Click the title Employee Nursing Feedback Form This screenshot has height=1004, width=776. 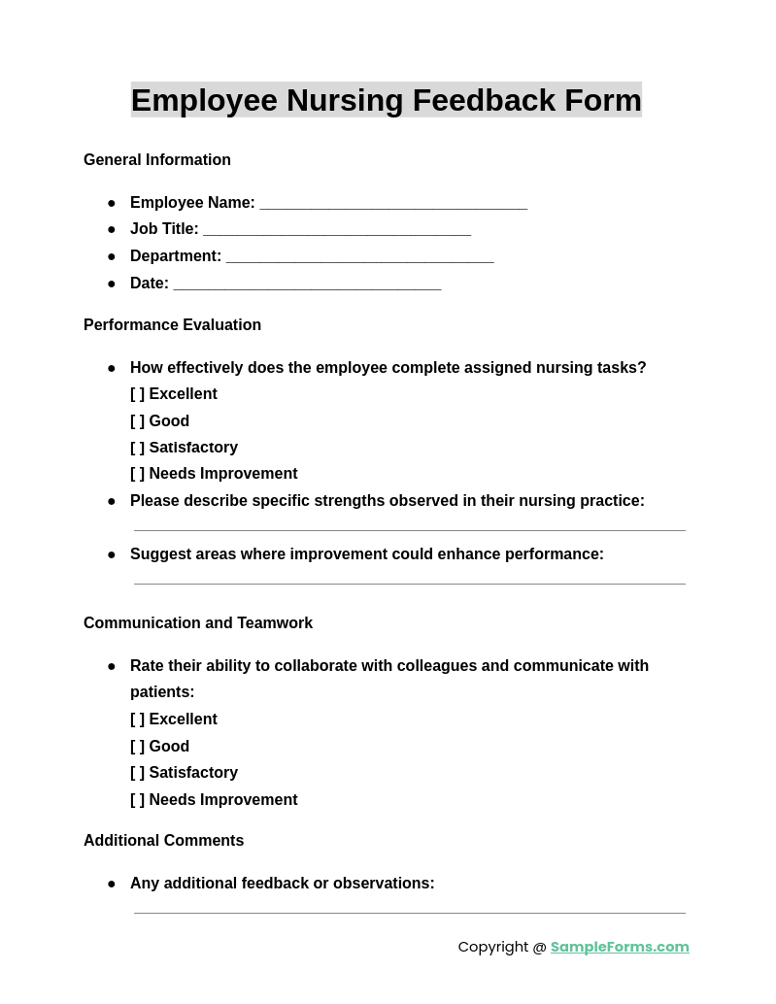[387, 100]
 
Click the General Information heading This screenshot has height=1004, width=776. [157, 160]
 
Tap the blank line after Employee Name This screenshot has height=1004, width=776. [393, 204]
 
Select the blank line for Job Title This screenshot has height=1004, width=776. [337, 230]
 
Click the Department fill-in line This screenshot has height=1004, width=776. [359, 257]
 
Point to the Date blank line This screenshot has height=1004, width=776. [307, 284]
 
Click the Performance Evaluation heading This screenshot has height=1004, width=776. [172, 325]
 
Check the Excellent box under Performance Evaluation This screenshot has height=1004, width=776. [138, 394]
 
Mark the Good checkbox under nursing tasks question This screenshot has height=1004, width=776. [138, 421]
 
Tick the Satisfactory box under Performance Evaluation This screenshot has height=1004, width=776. [138, 448]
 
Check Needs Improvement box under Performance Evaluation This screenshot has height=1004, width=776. [138, 474]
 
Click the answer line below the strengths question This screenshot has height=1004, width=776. [409, 528]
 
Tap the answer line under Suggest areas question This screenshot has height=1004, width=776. [409, 582]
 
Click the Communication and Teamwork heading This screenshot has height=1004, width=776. [198, 623]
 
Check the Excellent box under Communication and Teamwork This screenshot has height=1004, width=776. [138, 720]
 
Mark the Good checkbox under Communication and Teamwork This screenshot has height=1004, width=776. [138, 747]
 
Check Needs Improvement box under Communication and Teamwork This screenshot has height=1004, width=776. [138, 800]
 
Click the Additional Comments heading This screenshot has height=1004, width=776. [163, 841]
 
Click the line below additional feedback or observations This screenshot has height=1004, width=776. [409, 911]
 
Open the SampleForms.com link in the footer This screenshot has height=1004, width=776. [620, 947]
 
